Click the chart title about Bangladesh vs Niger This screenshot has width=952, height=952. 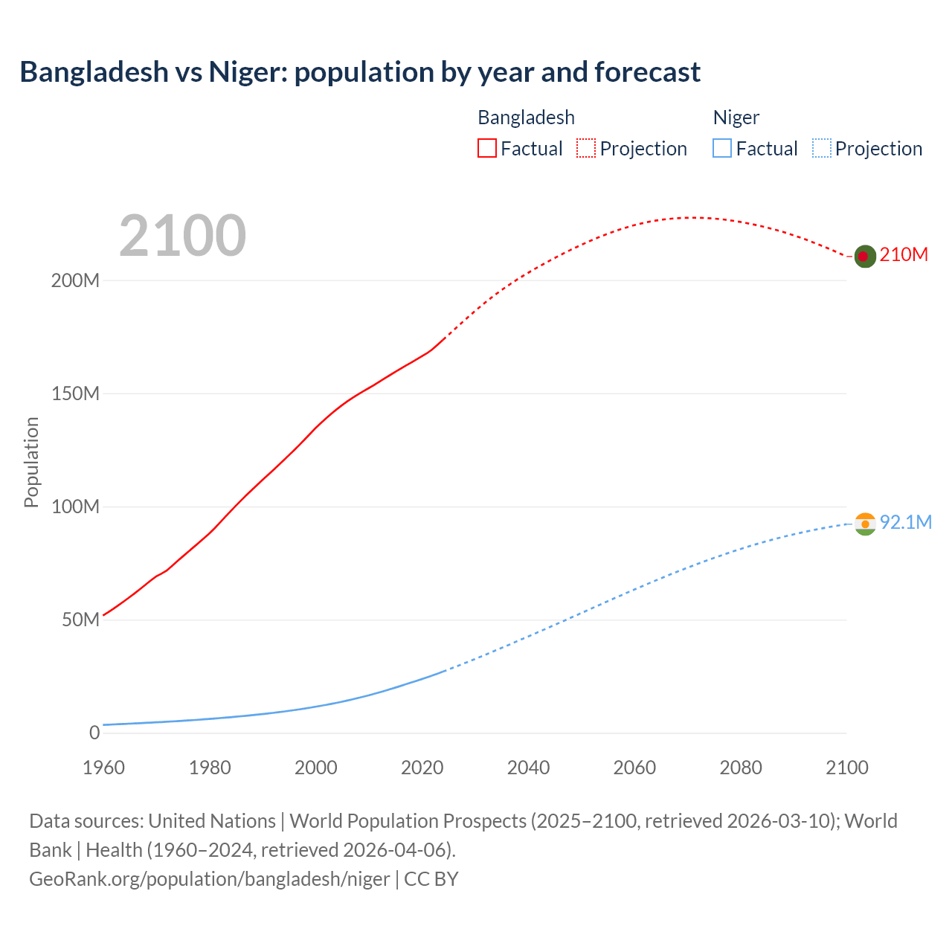[360, 72]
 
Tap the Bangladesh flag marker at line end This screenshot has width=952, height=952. [863, 256]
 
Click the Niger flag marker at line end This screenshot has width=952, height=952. [864, 524]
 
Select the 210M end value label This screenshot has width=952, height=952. [904, 255]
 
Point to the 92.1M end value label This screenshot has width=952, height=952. [905, 523]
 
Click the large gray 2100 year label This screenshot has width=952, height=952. [182, 236]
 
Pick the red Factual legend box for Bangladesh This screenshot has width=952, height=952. [487, 149]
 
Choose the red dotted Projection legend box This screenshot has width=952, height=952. [586, 149]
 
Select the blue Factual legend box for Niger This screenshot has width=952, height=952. [722, 149]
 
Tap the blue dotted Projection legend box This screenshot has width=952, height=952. [821, 149]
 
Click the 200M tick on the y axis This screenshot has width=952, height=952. [75, 281]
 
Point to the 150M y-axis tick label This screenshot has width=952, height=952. [75, 394]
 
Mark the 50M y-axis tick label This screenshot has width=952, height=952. [80, 620]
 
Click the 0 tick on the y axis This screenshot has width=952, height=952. [94, 733]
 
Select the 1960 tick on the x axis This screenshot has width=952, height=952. [103, 768]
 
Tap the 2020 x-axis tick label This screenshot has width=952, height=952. [422, 768]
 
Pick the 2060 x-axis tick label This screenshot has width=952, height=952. [634, 768]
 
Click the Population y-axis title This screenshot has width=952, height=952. [31, 462]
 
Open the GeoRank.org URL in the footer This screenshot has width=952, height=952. [209, 879]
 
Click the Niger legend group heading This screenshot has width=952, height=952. [736, 118]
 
